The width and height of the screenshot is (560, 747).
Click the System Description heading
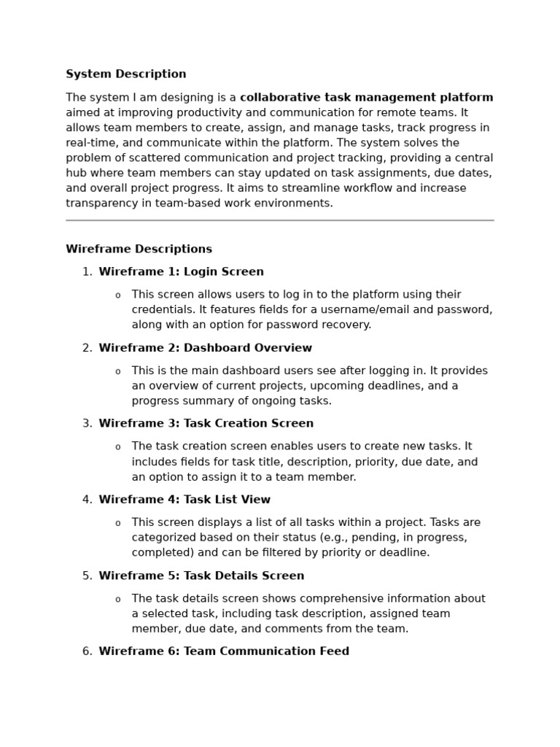(126, 74)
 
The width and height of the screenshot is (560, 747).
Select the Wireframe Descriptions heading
(139, 249)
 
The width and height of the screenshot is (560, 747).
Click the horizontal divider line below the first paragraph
(279, 220)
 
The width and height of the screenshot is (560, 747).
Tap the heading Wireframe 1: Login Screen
(181, 272)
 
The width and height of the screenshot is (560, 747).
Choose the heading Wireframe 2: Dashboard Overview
(205, 348)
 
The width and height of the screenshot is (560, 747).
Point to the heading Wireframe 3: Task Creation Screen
(206, 424)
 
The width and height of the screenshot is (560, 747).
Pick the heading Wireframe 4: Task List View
(184, 500)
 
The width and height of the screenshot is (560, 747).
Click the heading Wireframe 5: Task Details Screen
(201, 576)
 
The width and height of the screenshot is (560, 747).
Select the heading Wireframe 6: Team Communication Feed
(224, 651)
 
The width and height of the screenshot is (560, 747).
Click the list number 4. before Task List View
(87, 500)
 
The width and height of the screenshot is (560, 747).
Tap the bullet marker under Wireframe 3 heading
(117, 447)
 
